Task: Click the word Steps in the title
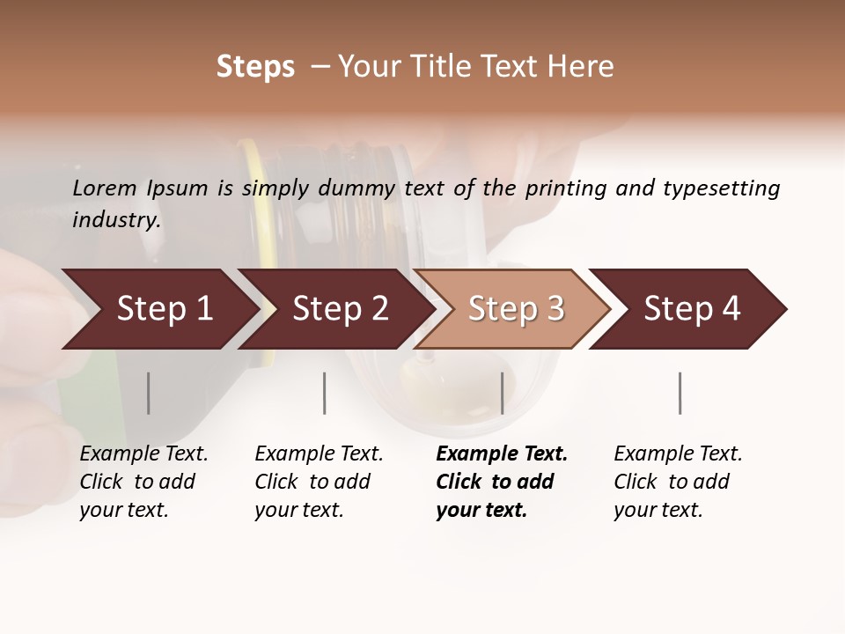point(255,67)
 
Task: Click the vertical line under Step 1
point(149,393)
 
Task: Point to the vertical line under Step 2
point(325,393)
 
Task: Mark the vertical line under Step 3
point(503,393)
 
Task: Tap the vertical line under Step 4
point(680,393)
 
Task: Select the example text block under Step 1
point(143,482)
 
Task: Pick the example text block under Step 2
point(319,482)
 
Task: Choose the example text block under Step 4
point(678,482)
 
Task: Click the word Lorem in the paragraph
point(105,188)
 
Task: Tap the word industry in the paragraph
point(116,220)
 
